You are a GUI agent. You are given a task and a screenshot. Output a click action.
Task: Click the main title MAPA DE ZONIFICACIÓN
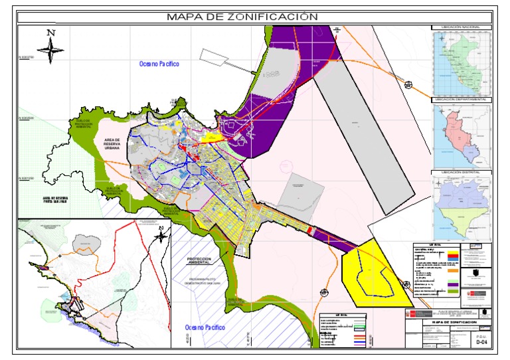pos(242,17)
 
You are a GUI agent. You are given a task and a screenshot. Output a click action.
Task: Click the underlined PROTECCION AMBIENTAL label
pos(203,261)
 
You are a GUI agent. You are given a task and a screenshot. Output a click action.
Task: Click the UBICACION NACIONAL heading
pos(460,28)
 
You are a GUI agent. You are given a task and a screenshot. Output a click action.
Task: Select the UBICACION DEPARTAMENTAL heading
pos(460,99)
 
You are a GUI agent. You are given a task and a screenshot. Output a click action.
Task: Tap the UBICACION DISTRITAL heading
pos(460,171)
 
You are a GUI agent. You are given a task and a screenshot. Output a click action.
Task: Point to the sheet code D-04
pos(482,343)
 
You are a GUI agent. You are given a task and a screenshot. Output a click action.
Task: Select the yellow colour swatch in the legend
pos(453,252)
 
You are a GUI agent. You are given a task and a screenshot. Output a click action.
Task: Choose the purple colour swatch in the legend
pos(453,285)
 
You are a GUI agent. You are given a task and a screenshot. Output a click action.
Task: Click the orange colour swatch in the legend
pos(453,271)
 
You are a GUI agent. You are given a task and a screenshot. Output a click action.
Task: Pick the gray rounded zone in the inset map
pos(84,242)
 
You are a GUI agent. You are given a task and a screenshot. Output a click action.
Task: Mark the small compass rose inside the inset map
pos(161,234)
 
